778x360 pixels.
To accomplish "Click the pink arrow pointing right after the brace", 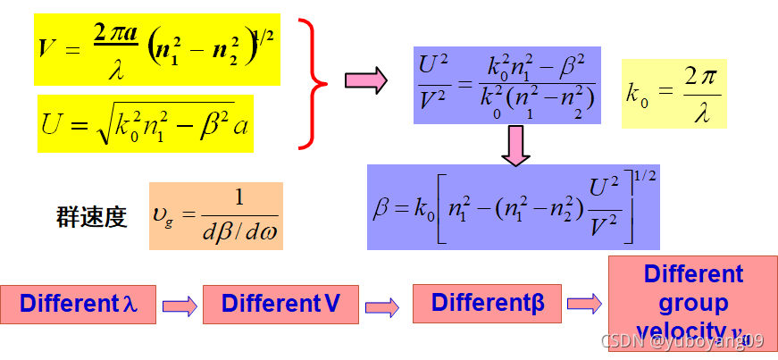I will click(x=365, y=80).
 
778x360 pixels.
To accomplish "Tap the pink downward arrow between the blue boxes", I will click(x=515, y=145).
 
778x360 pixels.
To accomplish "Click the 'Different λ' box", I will click(x=79, y=304).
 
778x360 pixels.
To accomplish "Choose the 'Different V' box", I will click(x=280, y=304).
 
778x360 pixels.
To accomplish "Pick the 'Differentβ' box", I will click(x=487, y=303).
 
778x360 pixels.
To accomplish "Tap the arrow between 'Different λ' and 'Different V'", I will click(x=180, y=306).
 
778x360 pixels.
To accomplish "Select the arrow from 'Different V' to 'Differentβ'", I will click(x=383, y=306).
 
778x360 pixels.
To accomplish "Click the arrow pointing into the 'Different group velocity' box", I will click(x=585, y=303).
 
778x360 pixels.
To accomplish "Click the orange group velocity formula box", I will click(x=216, y=215).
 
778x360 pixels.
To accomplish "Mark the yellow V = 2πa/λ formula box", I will click(x=157, y=49).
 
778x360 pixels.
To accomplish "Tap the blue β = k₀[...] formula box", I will click(x=513, y=206).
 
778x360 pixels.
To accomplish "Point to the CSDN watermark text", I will click(x=682, y=340).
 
